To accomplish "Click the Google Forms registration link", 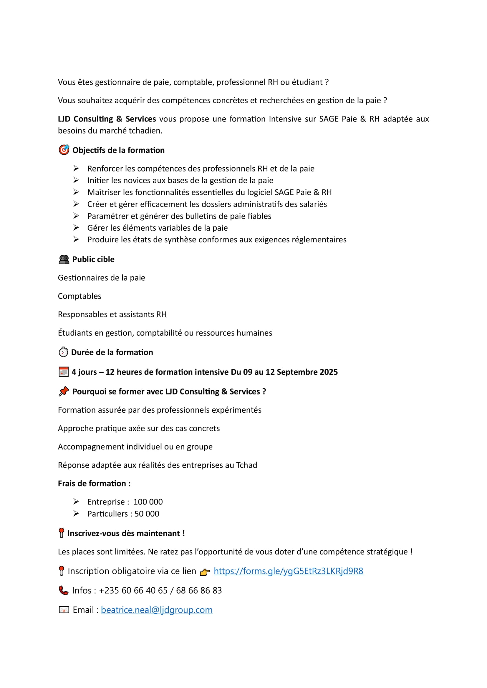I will pyautogui.click(x=288, y=571).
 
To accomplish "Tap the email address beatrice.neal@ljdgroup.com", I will pyautogui.click(x=157, y=610).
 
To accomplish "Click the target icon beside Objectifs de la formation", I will pyautogui.click(x=64, y=150).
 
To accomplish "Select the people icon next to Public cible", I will pyautogui.click(x=64, y=259).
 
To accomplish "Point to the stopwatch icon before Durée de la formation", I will pyautogui.click(x=63, y=352).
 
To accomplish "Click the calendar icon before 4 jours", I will pyautogui.click(x=64, y=372).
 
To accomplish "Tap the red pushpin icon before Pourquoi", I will pyautogui.click(x=64, y=391).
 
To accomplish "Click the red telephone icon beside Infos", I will pyautogui.click(x=64, y=590).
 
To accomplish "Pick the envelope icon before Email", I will pyautogui.click(x=64, y=610).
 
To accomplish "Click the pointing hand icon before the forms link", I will pyautogui.click(x=205, y=572).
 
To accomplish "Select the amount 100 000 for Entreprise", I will pyautogui.click(x=148, y=502).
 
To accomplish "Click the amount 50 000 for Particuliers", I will pyautogui.click(x=147, y=514).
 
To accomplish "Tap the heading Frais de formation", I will pyautogui.click(x=94, y=484).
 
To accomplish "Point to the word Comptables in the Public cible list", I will pyautogui.click(x=79, y=296).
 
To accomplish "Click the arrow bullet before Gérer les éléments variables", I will pyautogui.click(x=76, y=228).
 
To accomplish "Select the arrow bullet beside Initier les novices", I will pyautogui.click(x=76, y=180).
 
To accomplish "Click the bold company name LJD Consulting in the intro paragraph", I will pyautogui.click(x=107, y=119).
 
